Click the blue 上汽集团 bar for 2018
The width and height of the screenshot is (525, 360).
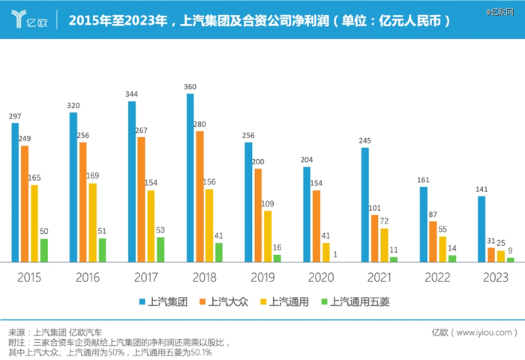click(190, 178)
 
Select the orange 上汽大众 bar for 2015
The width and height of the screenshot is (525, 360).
click(25, 203)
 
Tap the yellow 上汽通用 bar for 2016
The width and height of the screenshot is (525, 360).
click(92, 222)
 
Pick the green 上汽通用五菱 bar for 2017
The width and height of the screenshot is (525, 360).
click(160, 249)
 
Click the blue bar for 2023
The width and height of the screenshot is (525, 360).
click(481, 229)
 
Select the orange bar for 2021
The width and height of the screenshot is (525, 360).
click(374, 238)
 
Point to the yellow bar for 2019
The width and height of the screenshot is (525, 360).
click(268, 235)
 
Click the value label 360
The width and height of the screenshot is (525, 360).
click(190, 87)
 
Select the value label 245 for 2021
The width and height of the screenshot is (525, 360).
click(364, 141)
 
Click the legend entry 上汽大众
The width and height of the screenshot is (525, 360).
click(224, 302)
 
